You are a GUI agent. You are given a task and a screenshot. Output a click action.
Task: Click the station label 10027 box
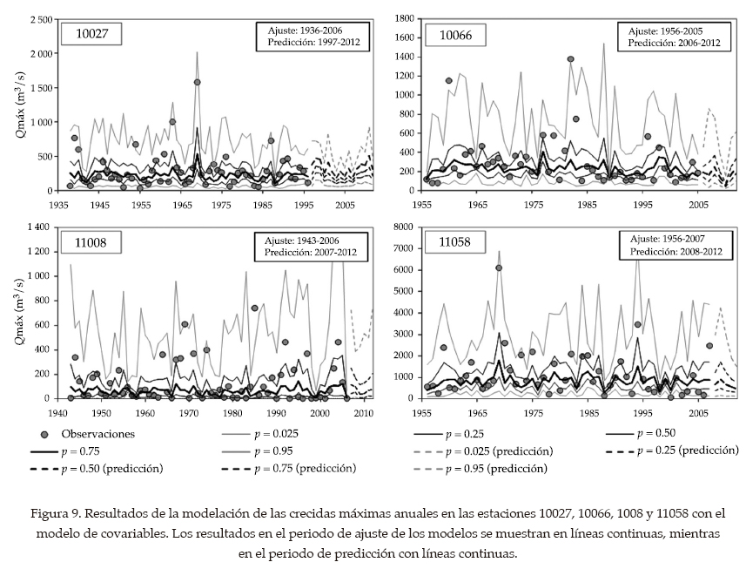pos(90,34)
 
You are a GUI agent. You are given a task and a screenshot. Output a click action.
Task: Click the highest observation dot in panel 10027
pos(197,82)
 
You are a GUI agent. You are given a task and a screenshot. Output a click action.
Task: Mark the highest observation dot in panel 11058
pos(499,268)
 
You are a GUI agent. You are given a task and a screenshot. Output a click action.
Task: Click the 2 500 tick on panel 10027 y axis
pos(36,19)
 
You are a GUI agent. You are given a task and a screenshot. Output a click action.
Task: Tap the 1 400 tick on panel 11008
pos(36,227)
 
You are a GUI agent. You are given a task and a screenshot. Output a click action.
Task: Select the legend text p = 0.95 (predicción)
pos(495,469)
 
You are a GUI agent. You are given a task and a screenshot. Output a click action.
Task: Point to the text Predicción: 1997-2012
pos(313,41)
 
